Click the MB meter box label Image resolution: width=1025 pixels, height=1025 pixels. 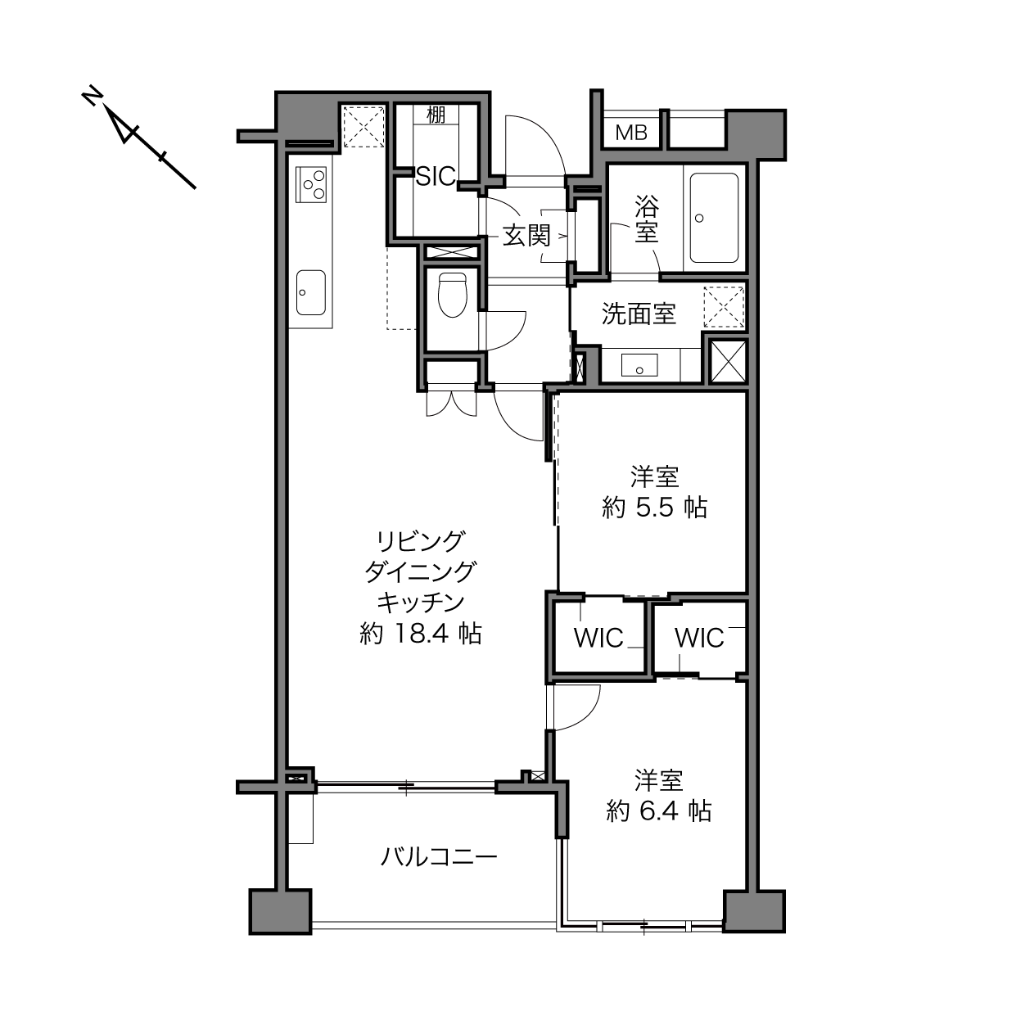631,133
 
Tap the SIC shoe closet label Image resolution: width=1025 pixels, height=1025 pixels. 436,177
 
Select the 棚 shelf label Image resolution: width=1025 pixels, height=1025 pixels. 436,115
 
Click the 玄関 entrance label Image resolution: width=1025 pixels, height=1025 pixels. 526,235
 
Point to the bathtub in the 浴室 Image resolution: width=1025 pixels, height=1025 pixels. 714,218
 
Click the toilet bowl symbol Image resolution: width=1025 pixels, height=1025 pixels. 452,295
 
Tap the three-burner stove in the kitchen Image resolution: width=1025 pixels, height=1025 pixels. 310,184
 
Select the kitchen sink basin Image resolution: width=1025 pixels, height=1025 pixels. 310,292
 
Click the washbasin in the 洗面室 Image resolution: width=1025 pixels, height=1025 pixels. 639,365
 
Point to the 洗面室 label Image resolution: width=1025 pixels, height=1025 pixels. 639,314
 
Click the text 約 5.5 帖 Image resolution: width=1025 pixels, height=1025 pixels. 654,508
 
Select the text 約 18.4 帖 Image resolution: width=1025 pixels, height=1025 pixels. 421,634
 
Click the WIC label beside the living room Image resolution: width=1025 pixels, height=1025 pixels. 598,638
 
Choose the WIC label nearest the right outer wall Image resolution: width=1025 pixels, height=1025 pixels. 699,638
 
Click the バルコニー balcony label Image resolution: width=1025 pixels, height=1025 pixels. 440,857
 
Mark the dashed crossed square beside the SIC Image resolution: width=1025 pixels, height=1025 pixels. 363,127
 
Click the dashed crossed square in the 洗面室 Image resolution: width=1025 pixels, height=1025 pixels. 724,307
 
